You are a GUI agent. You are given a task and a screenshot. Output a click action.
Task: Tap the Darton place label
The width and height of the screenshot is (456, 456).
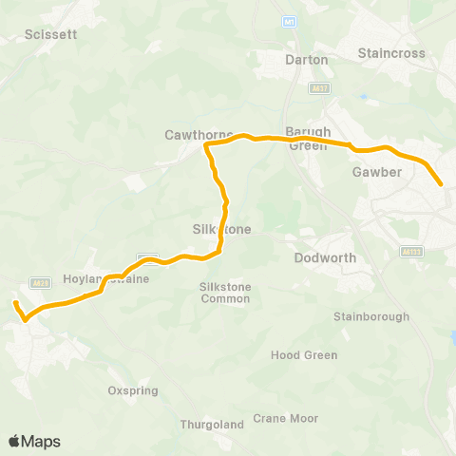307,59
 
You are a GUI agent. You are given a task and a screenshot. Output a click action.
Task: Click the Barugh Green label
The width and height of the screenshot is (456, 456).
308,139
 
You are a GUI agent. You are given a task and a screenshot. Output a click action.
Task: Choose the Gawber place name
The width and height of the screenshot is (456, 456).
377,172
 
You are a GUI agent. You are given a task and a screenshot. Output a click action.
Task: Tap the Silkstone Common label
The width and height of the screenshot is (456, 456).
225,292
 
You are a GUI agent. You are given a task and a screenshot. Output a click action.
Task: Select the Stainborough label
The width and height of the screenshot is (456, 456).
371,316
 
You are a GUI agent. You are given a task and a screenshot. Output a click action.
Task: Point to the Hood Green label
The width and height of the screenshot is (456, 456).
304,355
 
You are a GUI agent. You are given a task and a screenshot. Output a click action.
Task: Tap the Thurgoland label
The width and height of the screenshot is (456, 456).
209,425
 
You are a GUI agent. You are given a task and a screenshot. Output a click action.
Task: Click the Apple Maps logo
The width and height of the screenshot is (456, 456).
34,441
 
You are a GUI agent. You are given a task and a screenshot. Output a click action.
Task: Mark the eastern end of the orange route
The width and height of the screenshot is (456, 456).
441,184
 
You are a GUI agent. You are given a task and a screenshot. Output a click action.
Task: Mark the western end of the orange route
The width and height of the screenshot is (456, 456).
15,303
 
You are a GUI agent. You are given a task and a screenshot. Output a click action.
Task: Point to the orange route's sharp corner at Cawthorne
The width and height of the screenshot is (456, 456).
207,146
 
